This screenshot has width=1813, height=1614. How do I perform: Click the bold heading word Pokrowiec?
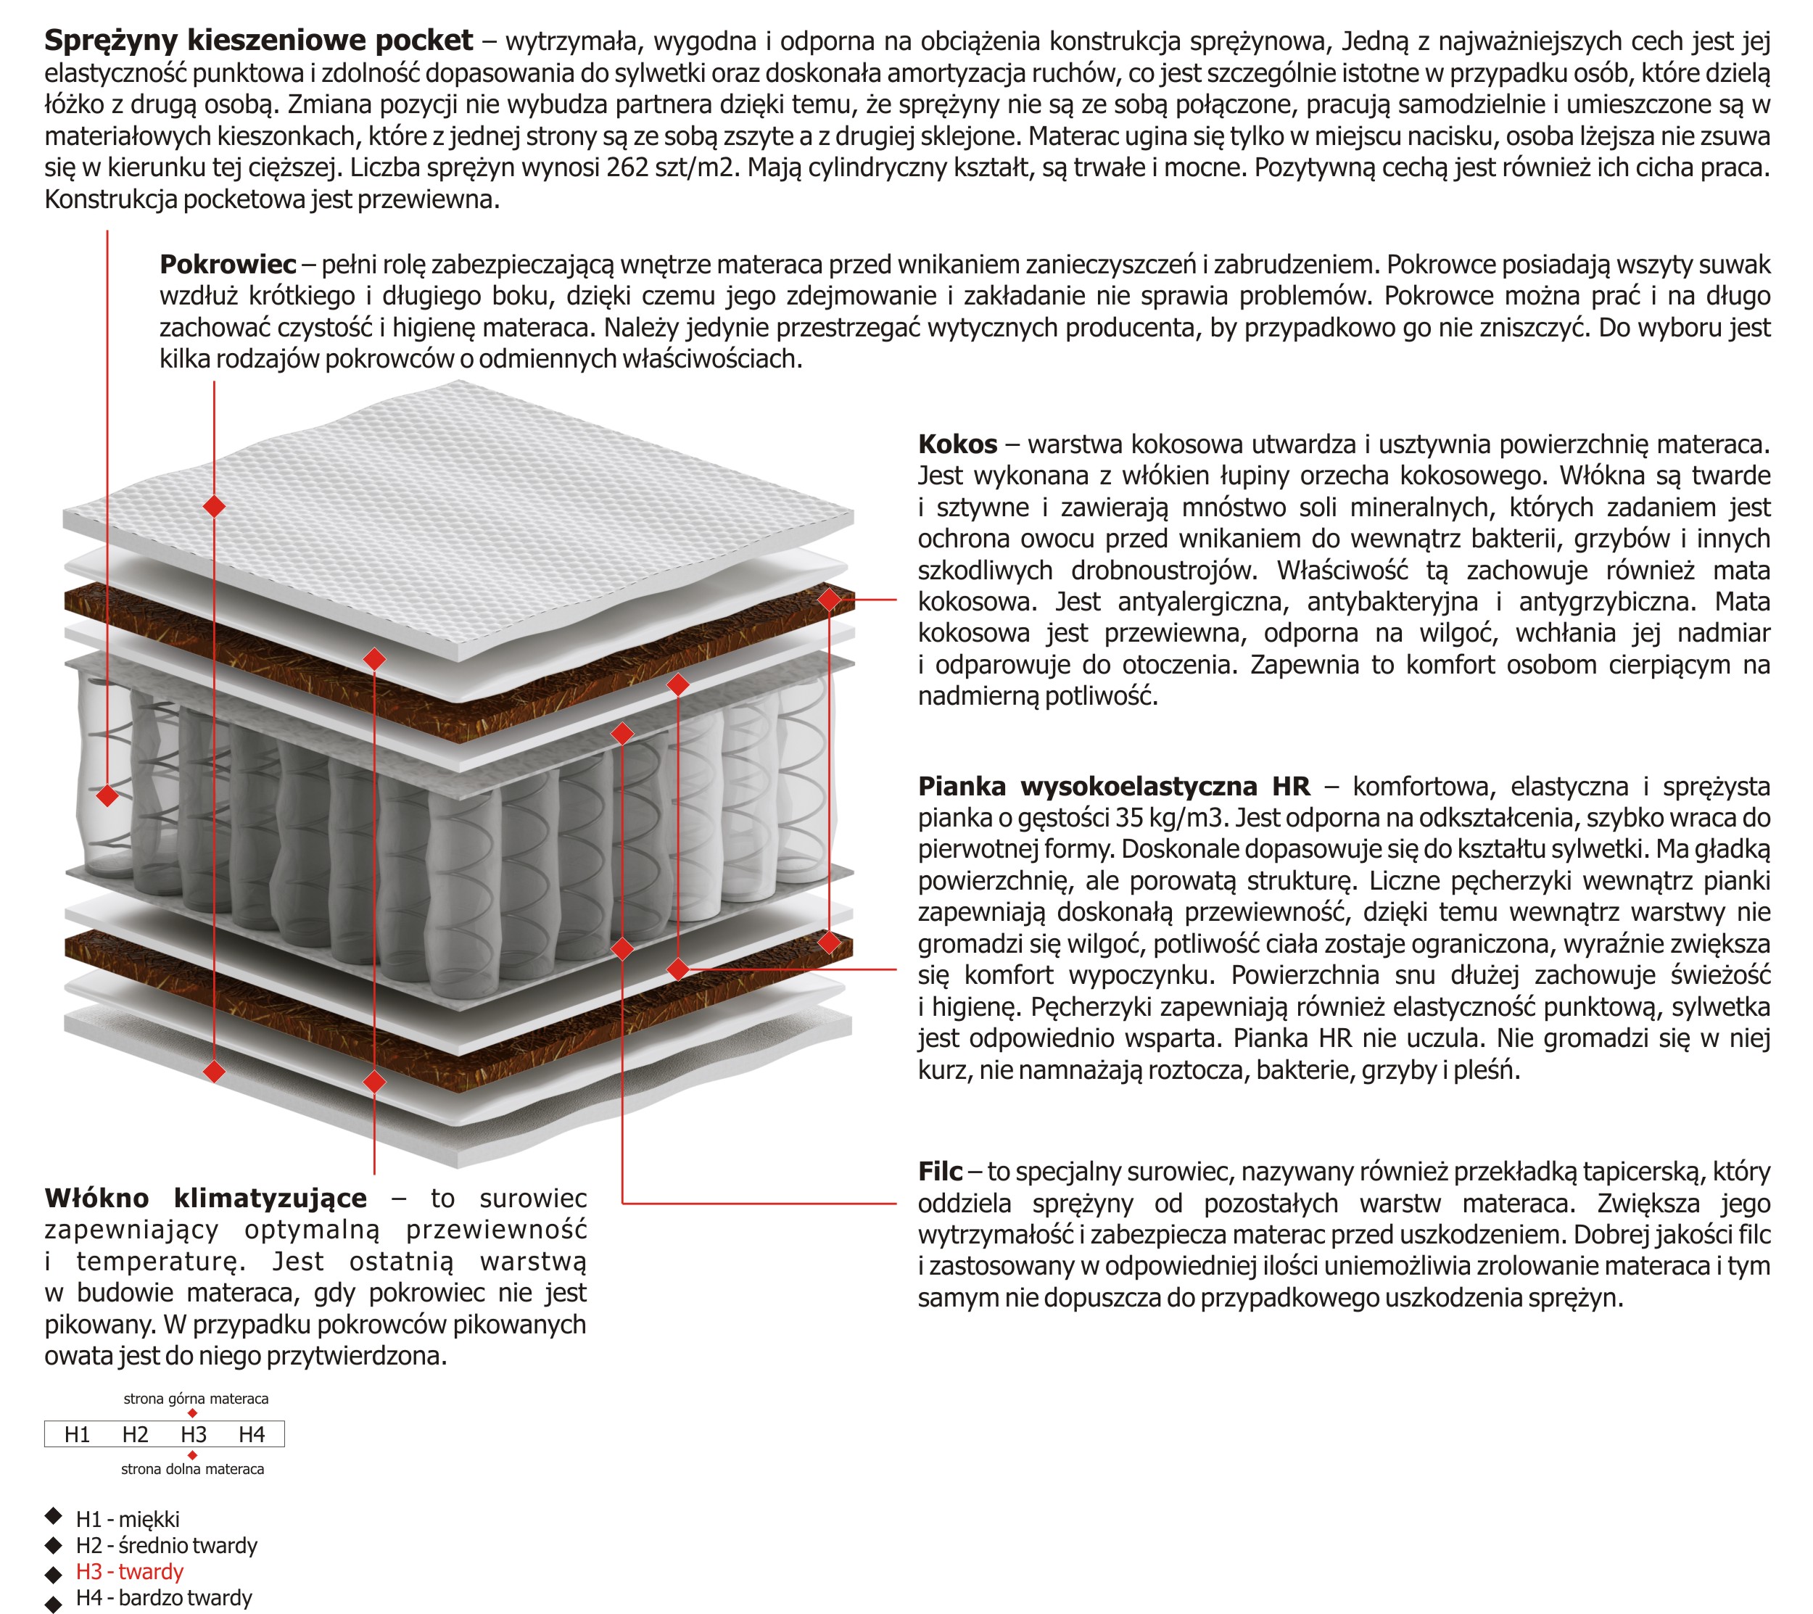click(x=228, y=264)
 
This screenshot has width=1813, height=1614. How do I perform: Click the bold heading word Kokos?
click(x=957, y=444)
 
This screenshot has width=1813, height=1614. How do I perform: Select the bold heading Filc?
click(x=939, y=1172)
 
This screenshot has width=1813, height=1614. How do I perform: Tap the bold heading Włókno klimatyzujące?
click(x=205, y=1198)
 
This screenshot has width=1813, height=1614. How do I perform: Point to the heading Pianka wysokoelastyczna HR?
click(x=1113, y=786)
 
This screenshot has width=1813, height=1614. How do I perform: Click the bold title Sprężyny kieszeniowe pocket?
click(x=258, y=40)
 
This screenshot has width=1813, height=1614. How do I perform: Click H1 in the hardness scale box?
click(x=77, y=1434)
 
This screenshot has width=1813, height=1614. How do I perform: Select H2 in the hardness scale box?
click(x=135, y=1434)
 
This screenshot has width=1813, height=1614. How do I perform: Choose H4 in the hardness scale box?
click(x=251, y=1434)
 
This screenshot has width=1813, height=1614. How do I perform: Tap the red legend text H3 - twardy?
click(x=130, y=1571)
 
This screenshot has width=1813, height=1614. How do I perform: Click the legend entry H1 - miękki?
click(x=128, y=1519)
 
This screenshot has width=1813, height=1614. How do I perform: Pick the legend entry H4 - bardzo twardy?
click(x=164, y=1597)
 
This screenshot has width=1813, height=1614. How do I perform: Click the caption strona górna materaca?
click(x=196, y=1399)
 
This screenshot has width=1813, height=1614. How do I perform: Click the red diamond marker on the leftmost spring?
click(x=107, y=795)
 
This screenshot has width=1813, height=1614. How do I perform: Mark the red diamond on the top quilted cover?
click(x=214, y=506)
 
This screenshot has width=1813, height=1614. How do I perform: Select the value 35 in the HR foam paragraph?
click(x=1133, y=818)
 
